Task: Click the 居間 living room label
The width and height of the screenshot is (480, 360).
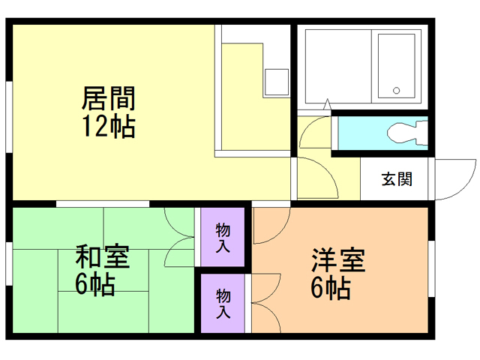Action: click(108, 97)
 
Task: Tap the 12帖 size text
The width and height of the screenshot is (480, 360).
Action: click(108, 125)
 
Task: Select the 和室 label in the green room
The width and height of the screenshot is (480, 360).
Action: click(102, 256)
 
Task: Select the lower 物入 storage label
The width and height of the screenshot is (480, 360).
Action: click(223, 303)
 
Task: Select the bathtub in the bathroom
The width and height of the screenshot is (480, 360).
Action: click(396, 66)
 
